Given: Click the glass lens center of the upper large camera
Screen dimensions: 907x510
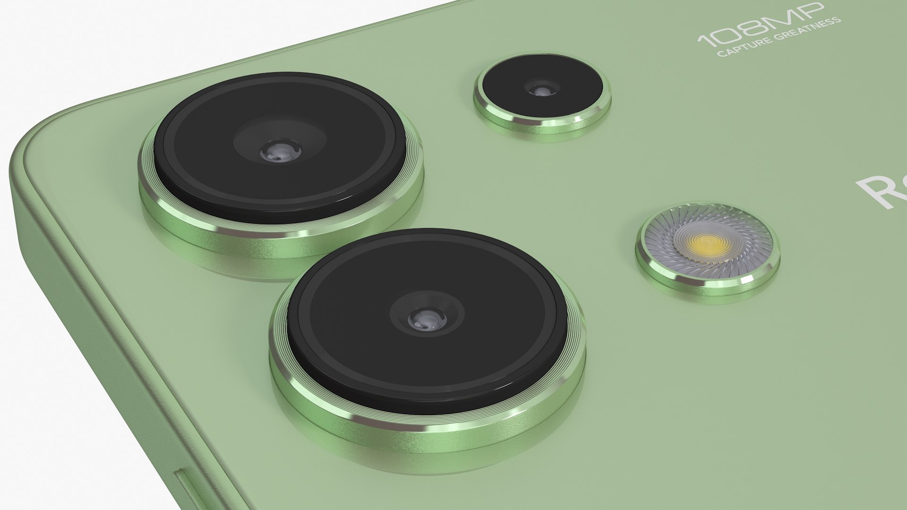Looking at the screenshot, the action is tap(281, 151).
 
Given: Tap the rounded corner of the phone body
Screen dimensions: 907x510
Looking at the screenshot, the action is tap(33, 142).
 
